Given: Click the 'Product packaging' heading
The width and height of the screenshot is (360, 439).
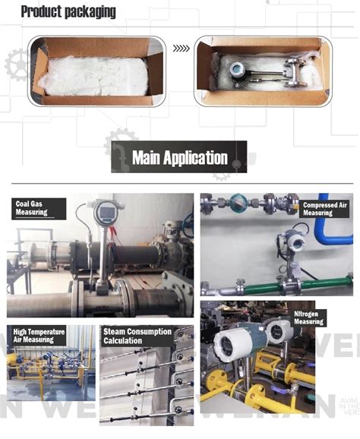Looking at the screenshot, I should [68, 11].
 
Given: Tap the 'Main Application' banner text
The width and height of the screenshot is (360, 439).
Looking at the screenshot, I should [179, 158].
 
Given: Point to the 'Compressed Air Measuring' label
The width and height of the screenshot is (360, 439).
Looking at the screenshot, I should [327, 208].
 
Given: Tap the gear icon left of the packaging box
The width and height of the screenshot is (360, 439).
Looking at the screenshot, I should [15, 64].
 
